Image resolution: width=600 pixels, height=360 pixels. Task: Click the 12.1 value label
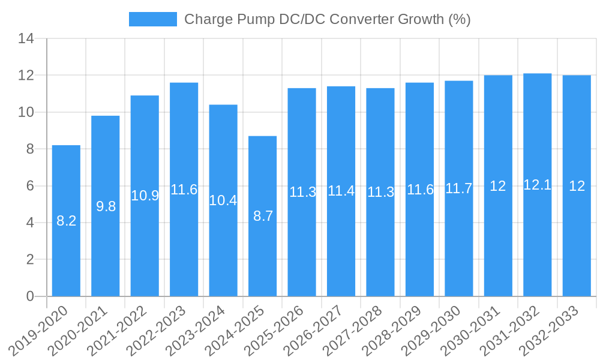tap(537, 185)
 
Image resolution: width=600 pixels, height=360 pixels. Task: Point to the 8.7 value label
tap(263, 217)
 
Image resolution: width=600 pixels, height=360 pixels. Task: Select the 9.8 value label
tap(106, 206)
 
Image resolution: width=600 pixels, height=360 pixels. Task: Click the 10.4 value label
tap(223, 200)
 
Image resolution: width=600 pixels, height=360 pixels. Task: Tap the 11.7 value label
tap(458, 188)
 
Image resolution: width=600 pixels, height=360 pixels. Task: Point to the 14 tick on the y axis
tap(26, 39)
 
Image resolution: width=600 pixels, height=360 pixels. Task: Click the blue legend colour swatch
tap(153, 19)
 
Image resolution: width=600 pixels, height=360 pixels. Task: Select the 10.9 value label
tap(145, 196)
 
